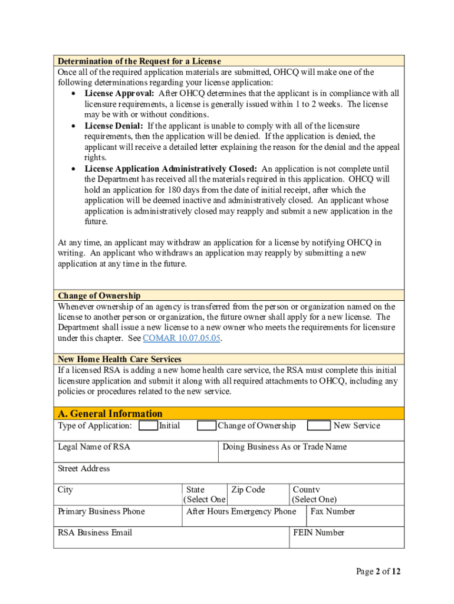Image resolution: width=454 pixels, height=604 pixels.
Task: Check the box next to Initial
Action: [x=149, y=426]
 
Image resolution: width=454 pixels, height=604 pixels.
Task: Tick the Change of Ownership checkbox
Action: [x=206, y=426]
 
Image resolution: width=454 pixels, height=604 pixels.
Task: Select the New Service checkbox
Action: [x=319, y=426]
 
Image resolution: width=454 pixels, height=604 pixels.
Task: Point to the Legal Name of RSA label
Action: [x=94, y=447]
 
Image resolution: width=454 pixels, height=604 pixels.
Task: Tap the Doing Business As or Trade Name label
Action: [x=284, y=447]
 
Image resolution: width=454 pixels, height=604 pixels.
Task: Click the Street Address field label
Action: [x=84, y=469]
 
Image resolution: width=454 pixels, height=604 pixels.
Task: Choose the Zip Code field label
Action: [x=248, y=490]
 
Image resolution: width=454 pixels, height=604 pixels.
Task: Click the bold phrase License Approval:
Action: [x=120, y=94]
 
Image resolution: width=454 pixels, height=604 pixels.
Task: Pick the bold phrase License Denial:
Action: [x=114, y=126]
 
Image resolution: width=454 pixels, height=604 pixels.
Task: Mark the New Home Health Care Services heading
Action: [x=128, y=359]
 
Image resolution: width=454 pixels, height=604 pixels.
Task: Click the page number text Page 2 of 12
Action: [x=378, y=572]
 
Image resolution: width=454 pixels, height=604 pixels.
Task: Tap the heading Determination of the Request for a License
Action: [x=139, y=61]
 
